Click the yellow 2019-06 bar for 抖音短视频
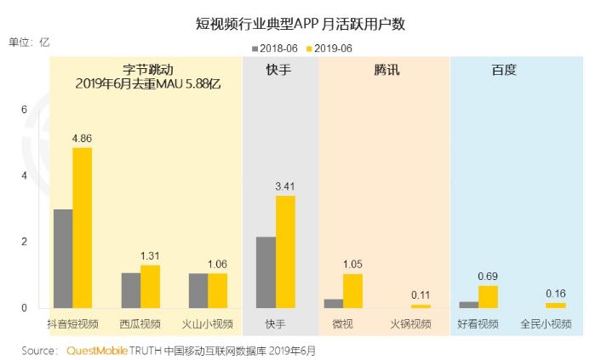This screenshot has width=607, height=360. click(x=82, y=227)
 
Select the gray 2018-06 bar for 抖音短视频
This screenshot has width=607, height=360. click(x=62, y=258)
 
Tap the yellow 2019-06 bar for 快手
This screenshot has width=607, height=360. click(x=285, y=251)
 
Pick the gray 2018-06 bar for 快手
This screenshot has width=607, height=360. click(x=266, y=271)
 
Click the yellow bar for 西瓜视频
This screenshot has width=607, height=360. click(x=150, y=286)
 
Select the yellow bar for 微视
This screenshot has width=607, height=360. click(x=352, y=290)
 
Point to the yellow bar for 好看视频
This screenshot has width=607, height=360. click(x=488, y=296)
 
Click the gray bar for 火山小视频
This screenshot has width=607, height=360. click(x=198, y=290)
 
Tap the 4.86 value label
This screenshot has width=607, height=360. click(x=82, y=137)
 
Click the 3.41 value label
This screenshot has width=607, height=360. click(x=285, y=186)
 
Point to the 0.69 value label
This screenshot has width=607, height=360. click(x=488, y=275)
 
